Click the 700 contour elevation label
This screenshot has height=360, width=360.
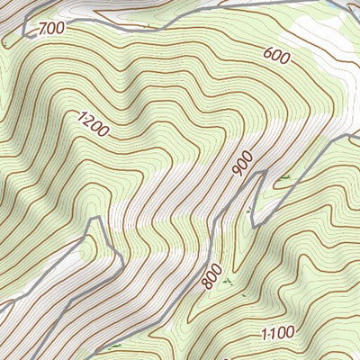(52, 29)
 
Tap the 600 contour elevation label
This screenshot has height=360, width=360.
(277, 55)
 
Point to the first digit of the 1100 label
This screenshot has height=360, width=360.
(264, 336)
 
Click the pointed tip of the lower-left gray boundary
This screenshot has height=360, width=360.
(91, 219)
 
